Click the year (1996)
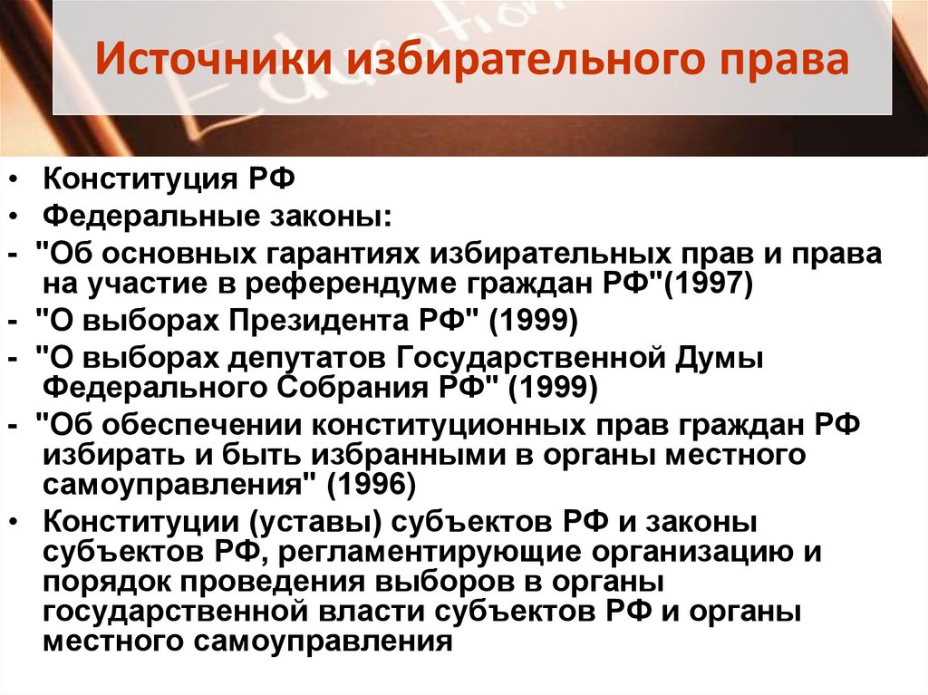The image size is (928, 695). (x=372, y=483)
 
